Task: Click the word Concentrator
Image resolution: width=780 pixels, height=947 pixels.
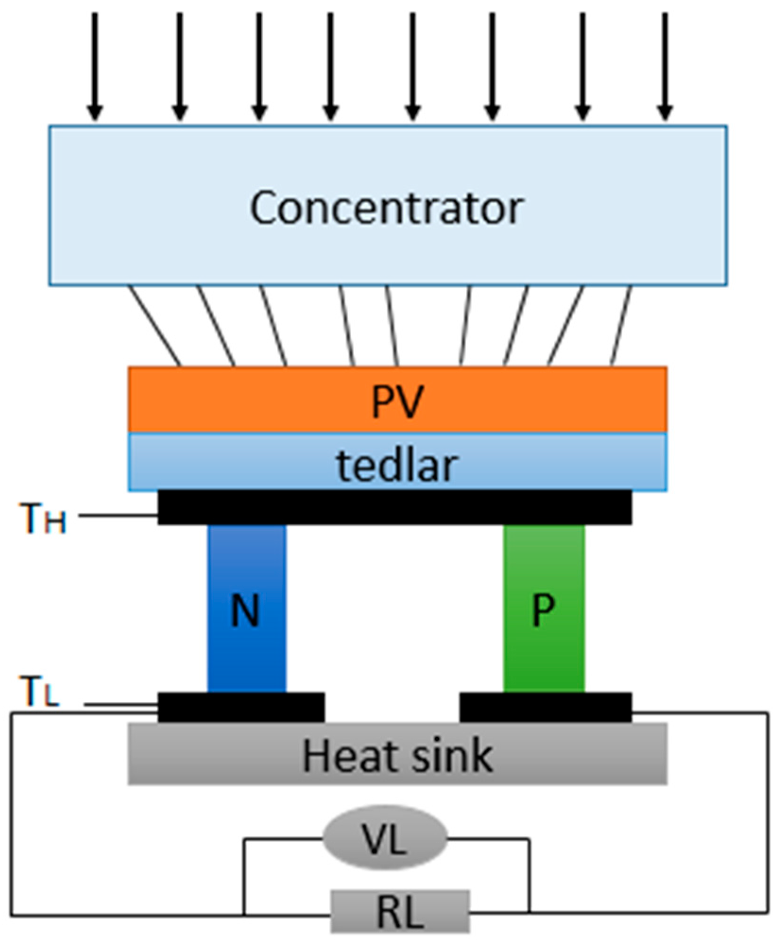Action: (x=386, y=208)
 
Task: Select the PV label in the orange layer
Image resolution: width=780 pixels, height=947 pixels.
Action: (x=397, y=401)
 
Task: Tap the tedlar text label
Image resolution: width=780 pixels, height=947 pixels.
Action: (x=397, y=465)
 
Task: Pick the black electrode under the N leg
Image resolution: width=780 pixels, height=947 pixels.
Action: (x=241, y=707)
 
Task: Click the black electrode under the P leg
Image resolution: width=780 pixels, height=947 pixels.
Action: (x=545, y=707)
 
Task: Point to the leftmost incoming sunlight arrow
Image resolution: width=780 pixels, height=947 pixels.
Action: (x=95, y=66)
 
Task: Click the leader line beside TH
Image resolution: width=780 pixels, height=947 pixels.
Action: (x=118, y=515)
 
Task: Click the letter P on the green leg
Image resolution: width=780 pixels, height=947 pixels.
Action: (x=543, y=610)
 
